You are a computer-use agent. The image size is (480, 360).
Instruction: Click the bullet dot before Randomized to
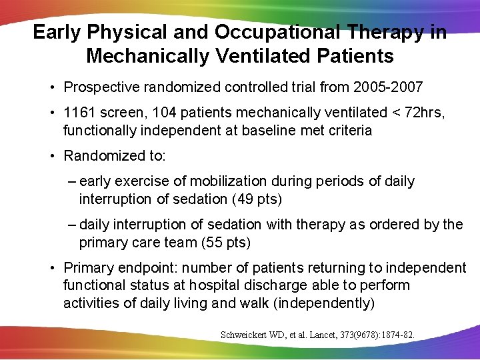pyautogui.click(x=52, y=156)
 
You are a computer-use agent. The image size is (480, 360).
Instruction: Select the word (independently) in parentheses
pyautogui.click(x=325, y=303)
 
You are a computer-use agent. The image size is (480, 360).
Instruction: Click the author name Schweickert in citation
pyautogui.click(x=244, y=334)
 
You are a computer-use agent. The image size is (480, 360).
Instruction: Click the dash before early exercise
pyautogui.click(x=71, y=181)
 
